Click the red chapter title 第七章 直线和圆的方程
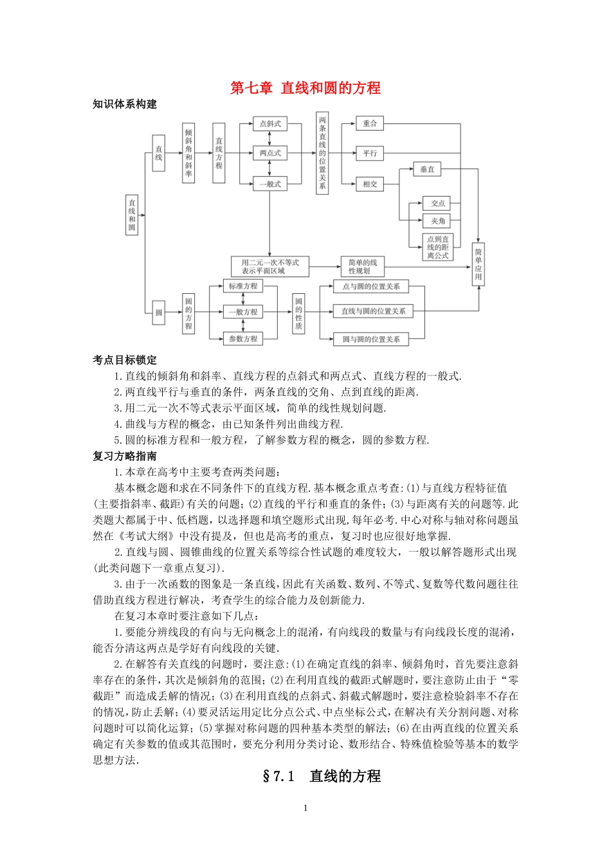point(305,88)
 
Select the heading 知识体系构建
point(125,104)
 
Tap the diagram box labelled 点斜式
point(270,124)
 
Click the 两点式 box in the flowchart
point(270,153)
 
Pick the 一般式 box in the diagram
point(270,184)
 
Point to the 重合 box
point(370,123)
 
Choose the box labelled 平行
point(370,153)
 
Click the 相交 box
point(370,184)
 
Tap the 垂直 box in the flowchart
point(427,170)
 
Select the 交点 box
point(438,203)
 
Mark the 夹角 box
point(438,221)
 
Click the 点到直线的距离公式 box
point(438,248)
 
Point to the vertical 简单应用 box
point(479,264)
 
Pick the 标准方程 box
point(243,286)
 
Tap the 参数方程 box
point(243,339)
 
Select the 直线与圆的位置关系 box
point(373,311)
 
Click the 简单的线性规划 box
point(363,267)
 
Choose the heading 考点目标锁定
point(125,360)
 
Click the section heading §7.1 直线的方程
point(322,776)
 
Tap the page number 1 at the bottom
point(305,808)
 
